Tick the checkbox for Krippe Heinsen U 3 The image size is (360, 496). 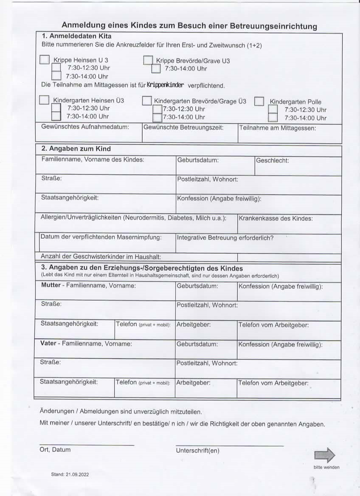(45, 60)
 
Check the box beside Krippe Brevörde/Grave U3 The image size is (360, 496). (148, 60)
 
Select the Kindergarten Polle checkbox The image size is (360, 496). (259, 101)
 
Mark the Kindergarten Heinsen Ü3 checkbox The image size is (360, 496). (44, 100)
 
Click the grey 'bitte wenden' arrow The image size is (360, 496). (325, 455)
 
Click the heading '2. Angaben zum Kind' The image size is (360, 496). (76, 149)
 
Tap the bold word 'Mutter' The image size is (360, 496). (51, 285)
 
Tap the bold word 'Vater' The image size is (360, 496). (48, 343)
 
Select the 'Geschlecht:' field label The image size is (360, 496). (273, 161)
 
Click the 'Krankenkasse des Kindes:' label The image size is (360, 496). (276, 219)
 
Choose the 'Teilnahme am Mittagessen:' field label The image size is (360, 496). (278, 127)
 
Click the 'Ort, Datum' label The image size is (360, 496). (55, 450)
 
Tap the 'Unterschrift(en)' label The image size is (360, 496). (197, 451)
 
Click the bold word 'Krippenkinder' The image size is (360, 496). (165, 85)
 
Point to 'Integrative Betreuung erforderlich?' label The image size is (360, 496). (225, 238)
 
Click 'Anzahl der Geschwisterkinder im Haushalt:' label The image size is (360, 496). (101, 257)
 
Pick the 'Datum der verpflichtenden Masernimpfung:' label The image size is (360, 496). (101, 237)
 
